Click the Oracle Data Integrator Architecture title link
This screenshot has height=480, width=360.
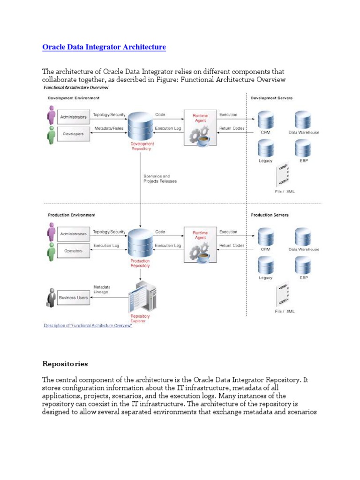104,47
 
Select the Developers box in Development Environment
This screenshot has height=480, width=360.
73,134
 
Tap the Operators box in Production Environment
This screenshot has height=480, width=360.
73,250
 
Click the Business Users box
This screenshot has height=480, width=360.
73,297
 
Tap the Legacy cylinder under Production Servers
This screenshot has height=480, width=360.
266,266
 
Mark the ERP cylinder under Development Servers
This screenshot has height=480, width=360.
303,149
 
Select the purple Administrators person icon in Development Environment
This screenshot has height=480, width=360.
51,115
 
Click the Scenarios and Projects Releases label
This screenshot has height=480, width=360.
160,179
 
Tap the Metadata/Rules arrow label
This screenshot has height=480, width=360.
109,128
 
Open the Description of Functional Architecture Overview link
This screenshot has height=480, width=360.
88,326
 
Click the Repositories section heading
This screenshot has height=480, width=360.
65,364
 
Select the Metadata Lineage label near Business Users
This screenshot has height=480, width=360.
102,289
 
